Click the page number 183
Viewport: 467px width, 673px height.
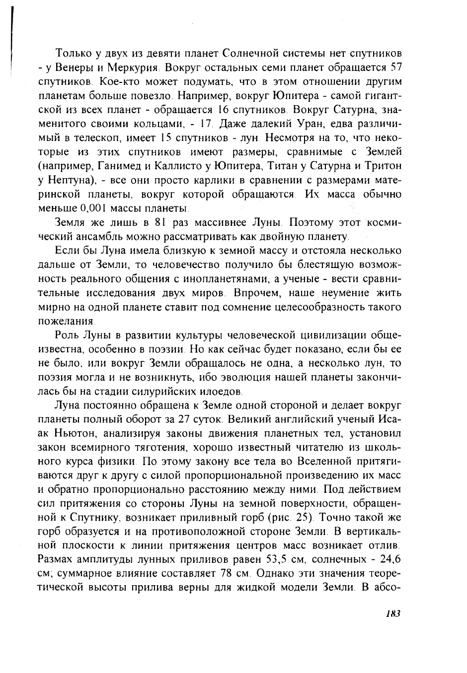click(x=392, y=613)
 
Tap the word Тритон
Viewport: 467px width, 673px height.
click(x=383, y=166)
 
